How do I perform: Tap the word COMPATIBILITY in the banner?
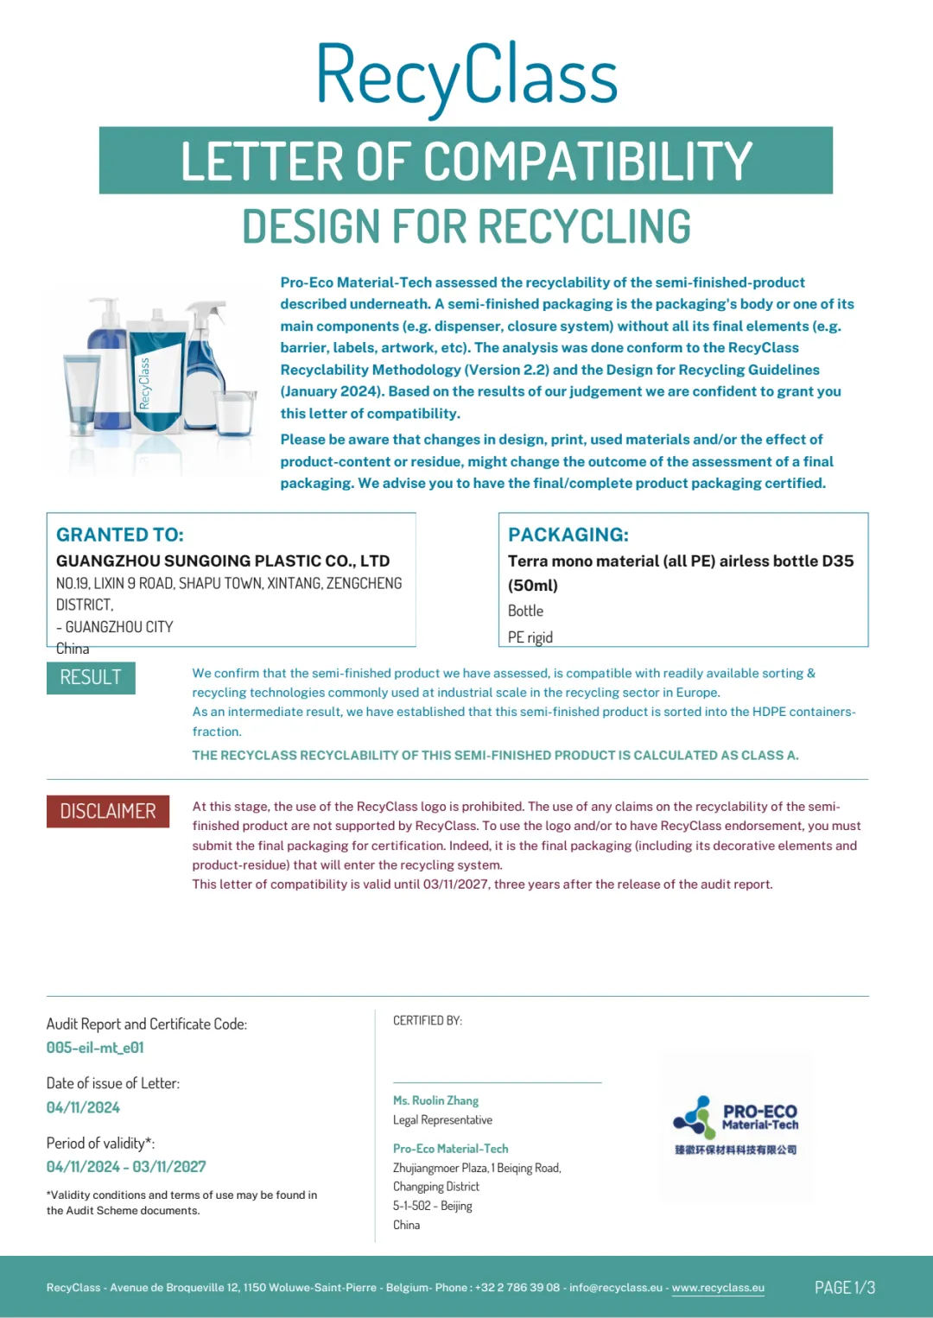click(587, 162)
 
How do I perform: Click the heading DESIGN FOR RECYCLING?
click(466, 227)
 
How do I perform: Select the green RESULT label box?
click(91, 678)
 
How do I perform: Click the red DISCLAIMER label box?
click(108, 811)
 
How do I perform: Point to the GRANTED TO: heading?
click(120, 535)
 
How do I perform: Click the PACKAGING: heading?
click(568, 535)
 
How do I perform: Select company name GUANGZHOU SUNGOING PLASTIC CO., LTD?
click(223, 561)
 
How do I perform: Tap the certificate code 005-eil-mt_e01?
click(95, 1048)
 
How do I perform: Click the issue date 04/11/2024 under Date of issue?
click(83, 1107)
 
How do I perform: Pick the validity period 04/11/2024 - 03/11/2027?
click(126, 1167)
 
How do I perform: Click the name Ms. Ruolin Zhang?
click(435, 1100)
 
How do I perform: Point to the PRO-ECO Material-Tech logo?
click(736, 1125)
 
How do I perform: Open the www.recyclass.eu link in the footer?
click(718, 1288)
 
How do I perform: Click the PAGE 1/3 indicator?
click(844, 1288)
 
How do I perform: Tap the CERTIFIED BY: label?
click(428, 1021)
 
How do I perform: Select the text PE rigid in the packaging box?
click(530, 637)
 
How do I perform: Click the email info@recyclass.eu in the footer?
click(616, 1288)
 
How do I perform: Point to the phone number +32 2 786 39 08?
click(517, 1288)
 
